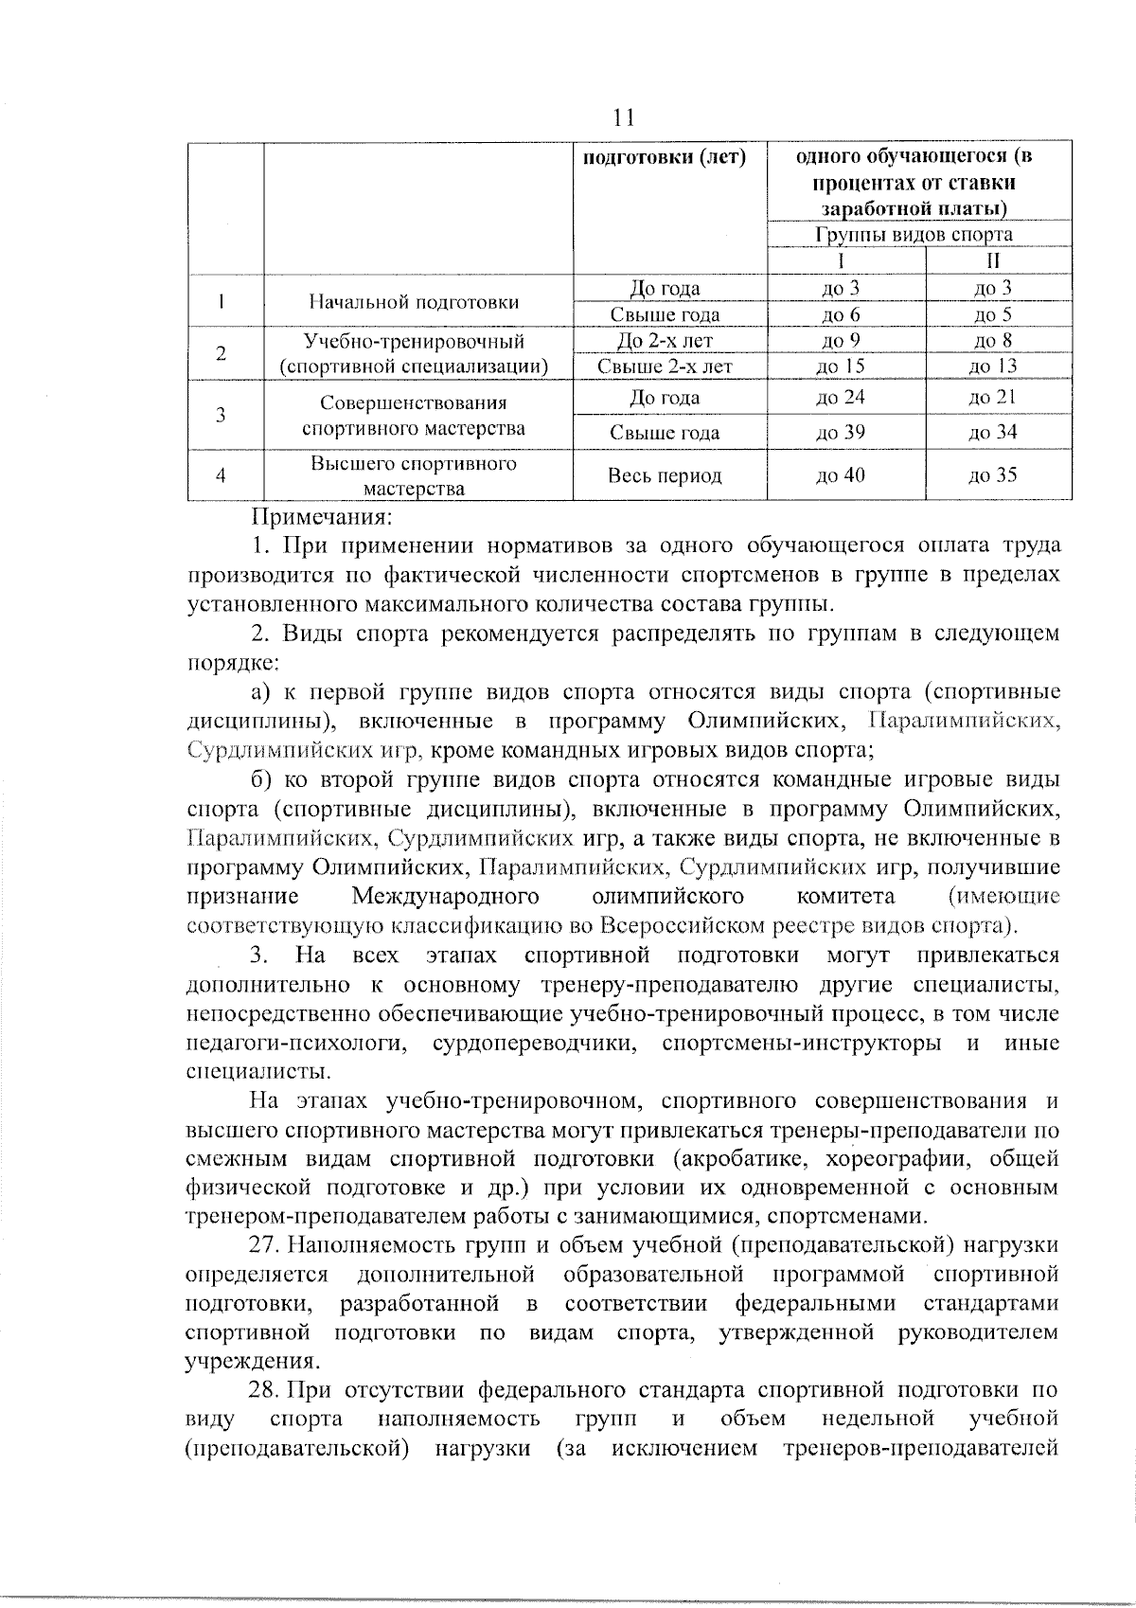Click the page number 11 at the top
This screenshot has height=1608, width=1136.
click(x=623, y=118)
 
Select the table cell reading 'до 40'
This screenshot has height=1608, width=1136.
click(x=841, y=475)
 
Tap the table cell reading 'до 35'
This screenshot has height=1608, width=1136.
click(x=992, y=475)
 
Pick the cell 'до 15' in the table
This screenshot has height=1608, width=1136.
click(x=841, y=366)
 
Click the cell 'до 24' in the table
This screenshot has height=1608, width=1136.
click(x=841, y=398)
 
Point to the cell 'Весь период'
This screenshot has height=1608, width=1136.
click(x=665, y=475)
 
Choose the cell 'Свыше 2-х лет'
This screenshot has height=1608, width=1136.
click(x=666, y=366)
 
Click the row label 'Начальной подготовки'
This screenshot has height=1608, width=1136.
click(x=414, y=302)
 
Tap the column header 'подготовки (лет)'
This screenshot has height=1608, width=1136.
click(x=663, y=157)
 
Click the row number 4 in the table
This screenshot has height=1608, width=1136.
click(x=221, y=475)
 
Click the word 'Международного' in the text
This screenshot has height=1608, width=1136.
click(x=445, y=896)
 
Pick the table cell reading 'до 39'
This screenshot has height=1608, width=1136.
click(x=841, y=433)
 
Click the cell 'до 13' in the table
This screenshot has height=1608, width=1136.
click(x=992, y=366)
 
